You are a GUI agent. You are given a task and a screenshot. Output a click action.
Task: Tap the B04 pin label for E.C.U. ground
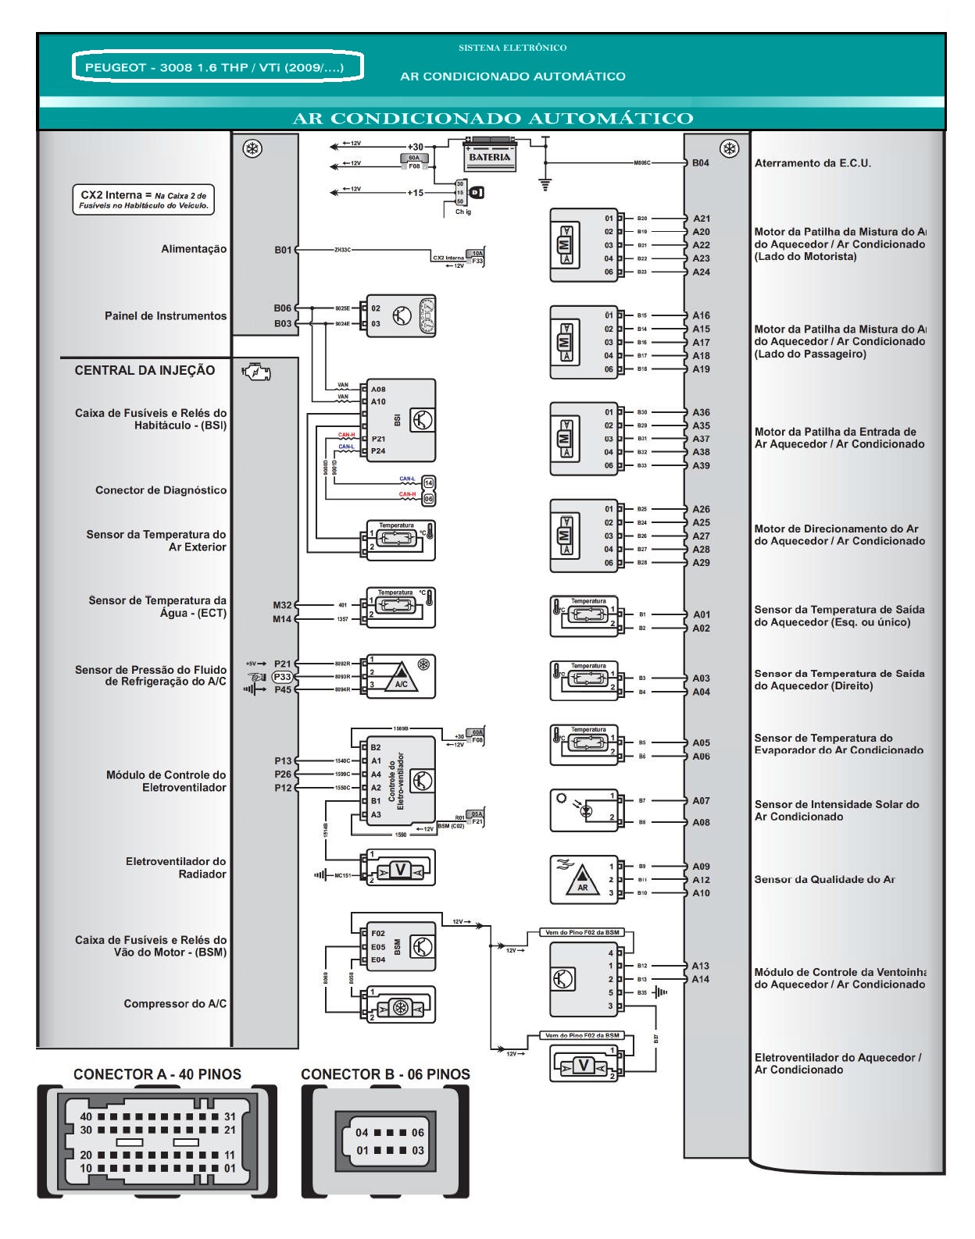tap(700, 163)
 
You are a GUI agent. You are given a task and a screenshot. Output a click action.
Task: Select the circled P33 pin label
tap(282, 677)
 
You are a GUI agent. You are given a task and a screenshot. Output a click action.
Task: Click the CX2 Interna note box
tap(144, 200)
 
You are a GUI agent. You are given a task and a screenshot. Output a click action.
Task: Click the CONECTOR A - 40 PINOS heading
tap(157, 1074)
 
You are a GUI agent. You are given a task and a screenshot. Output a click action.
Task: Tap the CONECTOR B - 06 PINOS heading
tap(385, 1074)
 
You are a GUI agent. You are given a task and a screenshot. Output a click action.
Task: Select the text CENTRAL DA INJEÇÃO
tap(145, 371)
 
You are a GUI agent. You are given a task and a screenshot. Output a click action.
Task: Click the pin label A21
tap(701, 219)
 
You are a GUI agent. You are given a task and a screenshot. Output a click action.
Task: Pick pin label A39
tap(701, 465)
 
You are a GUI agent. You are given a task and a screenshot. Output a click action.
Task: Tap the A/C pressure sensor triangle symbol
tap(401, 677)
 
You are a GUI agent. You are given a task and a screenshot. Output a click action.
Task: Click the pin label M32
tap(282, 605)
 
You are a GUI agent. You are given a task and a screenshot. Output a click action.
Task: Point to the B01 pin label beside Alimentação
tap(283, 250)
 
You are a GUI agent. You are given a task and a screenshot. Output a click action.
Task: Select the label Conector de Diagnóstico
tap(161, 490)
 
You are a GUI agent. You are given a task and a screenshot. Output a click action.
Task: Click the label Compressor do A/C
tap(175, 1004)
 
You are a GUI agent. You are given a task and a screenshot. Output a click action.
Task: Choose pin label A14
tap(701, 979)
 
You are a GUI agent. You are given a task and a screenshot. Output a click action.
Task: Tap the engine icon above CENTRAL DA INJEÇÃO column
tap(256, 372)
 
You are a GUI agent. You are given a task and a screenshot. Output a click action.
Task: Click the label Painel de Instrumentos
tap(166, 316)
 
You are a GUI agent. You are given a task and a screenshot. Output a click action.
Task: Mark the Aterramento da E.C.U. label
tap(812, 163)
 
